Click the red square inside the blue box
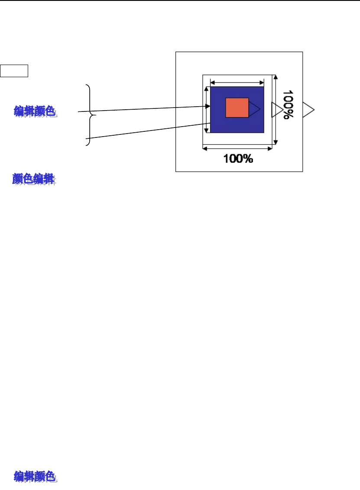coord(237,108)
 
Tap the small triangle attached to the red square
coord(253,108)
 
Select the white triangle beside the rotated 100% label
coord(276,110)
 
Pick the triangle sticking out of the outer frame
coord(308,110)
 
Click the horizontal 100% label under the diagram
coord(238,159)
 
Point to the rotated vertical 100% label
coord(287,105)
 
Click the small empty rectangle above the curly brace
coord(14,70)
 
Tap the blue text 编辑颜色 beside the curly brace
coord(35,112)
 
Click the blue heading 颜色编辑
coord(33,179)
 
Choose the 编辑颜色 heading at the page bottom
coord(35,477)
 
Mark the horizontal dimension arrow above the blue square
coord(237,81)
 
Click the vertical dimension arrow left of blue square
coord(207,110)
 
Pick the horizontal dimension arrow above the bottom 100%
coord(237,148)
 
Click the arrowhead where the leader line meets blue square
coord(208,106)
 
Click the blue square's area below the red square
coord(237,125)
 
